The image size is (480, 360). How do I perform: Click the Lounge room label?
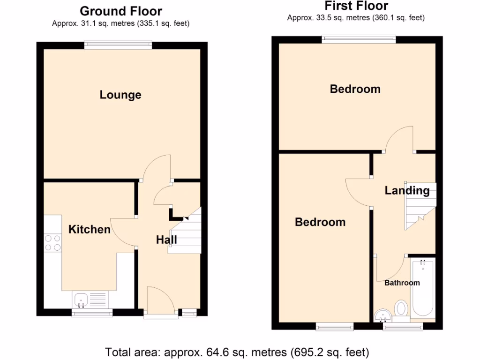click(x=120, y=95)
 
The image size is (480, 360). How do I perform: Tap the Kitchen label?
click(x=90, y=229)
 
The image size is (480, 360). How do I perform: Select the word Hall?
click(x=166, y=240)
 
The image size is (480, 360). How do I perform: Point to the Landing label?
click(x=407, y=190)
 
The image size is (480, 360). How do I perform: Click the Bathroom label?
click(x=402, y=283)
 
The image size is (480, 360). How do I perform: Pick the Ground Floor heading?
click(x=120, y=11)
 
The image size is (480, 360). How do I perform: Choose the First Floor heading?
click(x=356, y=6)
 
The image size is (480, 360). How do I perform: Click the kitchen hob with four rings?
click(x=52, y=242)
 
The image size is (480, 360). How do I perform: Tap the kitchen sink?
click(x=80, y=299)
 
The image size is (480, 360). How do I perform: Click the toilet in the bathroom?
click(x=401, y=309)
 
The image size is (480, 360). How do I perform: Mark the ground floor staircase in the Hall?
click(x=186, y=232)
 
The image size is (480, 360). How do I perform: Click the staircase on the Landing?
click(x=420, y=205)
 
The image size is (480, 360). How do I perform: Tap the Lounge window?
click(x=118, y=45)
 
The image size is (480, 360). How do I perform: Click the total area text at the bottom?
click(x=237, y=352)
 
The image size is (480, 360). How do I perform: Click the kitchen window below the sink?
click(x=92, y=313)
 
